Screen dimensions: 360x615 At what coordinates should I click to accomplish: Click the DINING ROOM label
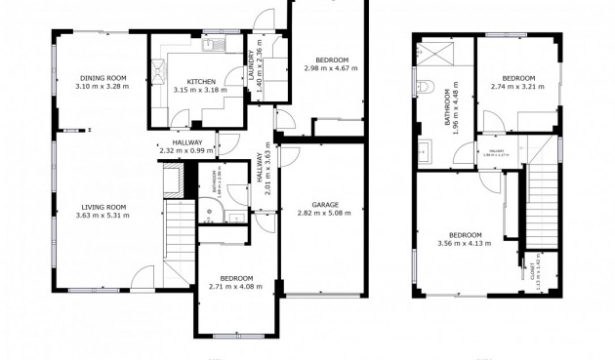(x=102, y=77)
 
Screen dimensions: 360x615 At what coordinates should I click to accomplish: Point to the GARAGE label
(x=325, y=205)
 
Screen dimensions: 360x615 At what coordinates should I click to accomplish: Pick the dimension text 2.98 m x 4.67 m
(x=331, y=68)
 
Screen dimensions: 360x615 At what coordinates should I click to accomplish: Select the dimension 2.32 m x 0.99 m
(x=185, y=150)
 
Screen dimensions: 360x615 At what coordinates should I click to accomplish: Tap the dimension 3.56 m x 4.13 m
(x=465, y=243)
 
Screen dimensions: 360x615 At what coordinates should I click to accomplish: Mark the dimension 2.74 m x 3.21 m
(x=518, y=86)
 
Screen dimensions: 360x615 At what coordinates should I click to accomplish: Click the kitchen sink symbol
(x=210, y=45)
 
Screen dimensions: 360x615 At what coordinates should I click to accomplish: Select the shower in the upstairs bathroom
(x=430, y=55)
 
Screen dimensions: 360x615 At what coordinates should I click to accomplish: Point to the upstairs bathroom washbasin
(x=425, y=150)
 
